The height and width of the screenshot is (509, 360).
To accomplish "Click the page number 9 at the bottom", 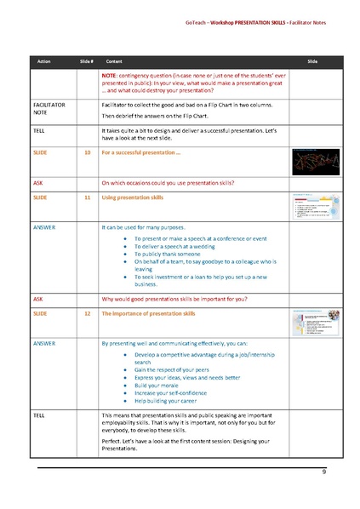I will pos(323,472).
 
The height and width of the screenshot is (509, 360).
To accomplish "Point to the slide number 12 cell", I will pos(87,313).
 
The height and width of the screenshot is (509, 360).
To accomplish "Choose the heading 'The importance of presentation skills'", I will pos(149,313).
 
